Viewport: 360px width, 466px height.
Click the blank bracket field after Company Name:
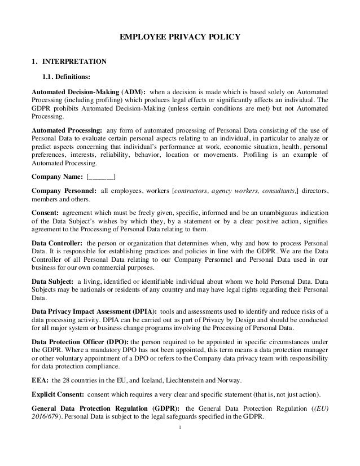(101, 177)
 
